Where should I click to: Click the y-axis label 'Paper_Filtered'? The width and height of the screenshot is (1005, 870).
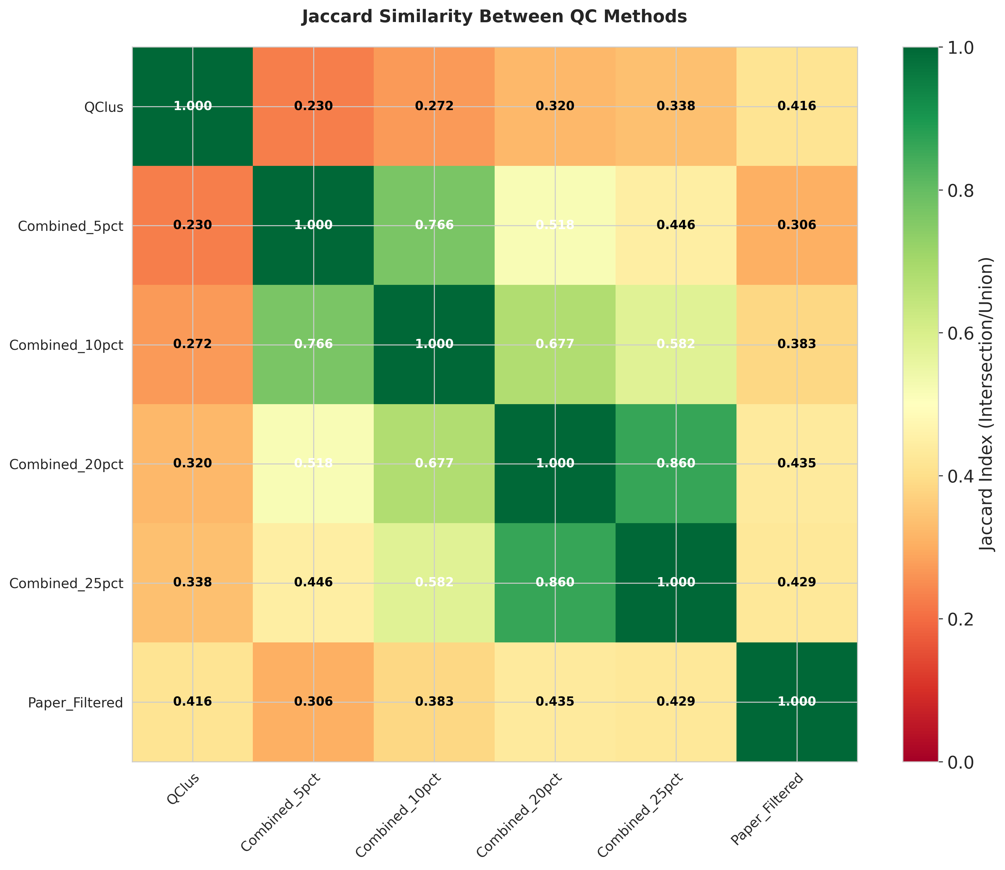pos(75,703)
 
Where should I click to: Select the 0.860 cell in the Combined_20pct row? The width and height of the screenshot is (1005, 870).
pos(676,463)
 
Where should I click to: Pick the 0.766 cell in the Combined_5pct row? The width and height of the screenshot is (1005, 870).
pos(434,225)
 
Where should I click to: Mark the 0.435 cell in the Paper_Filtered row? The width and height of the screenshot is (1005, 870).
pos(555,701)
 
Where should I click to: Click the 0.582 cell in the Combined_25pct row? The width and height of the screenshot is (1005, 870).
pos(434,582)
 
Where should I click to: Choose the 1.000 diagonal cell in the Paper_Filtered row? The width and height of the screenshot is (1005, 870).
pos(797,701)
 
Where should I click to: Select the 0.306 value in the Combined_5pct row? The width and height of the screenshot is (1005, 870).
pos(797,225)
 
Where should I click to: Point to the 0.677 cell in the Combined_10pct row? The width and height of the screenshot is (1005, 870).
pos(555,344)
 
